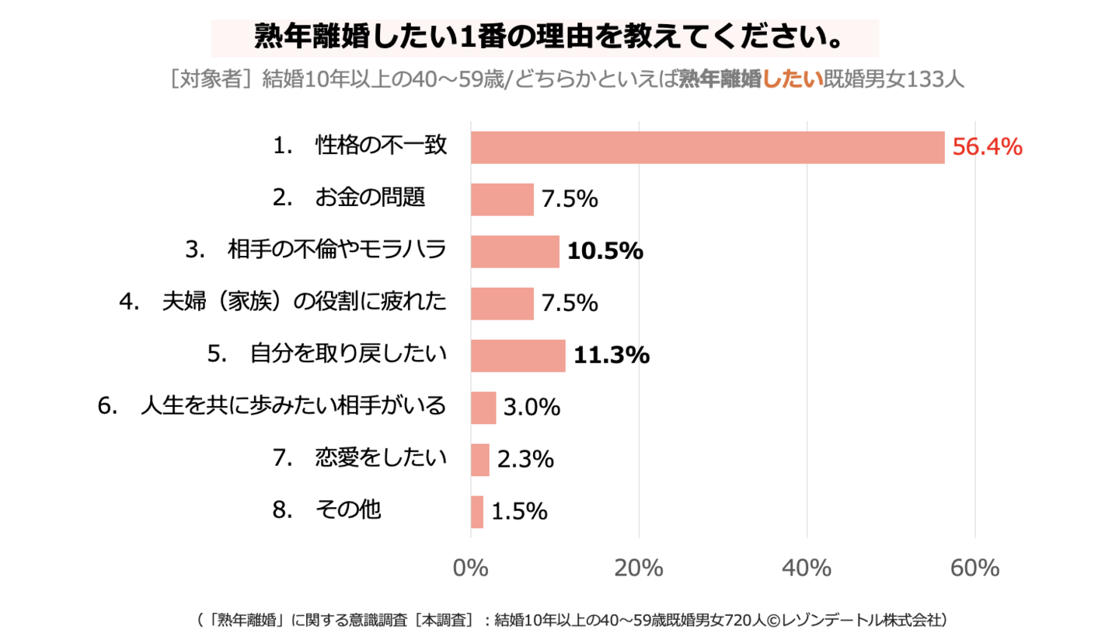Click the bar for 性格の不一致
pos(707,147)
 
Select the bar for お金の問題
pos(502,199)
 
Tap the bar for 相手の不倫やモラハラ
pos(514,251)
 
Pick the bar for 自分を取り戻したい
pos(518,355)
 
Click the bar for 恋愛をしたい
pos(480,460)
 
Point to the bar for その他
pos(477,512)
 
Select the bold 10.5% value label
pos(605,251)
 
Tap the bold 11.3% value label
pos(611,355)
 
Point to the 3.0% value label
pos(532,408)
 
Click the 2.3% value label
pos(525,460)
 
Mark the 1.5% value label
pos(519,512)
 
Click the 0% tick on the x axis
pos(470,569)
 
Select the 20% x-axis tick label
pos(638,569)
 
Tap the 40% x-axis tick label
pos(807,569)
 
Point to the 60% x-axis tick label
pos(974,569)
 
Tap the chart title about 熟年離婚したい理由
pos(544,37)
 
